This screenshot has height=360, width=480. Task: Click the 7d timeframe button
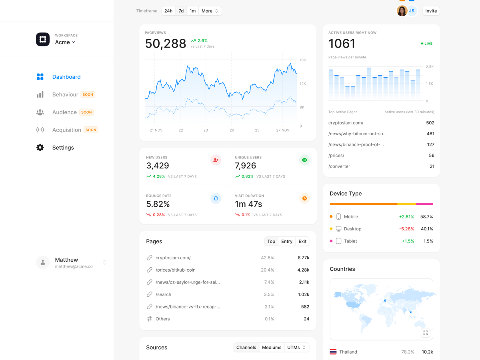tap(181, 11)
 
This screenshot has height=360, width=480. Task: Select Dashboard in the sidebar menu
tap(66, 77)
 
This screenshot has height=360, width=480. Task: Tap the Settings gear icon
tap(40, 148)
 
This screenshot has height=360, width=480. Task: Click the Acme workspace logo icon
tap(43, 39)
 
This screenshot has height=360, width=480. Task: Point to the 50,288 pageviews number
tap(166, 44)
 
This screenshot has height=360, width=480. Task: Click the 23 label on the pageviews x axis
tap(206, 130)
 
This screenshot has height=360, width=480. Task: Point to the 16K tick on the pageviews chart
tap(303, 60)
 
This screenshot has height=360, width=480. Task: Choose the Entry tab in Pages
tap(287, 241)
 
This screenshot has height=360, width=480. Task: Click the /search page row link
tap(163, 294)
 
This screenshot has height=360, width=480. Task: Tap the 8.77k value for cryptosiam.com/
tap(303, 258)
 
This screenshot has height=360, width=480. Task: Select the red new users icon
tap(216, 160)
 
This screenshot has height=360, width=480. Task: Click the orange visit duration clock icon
tap(304, 198)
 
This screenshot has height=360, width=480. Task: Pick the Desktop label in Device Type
tap(352, 229)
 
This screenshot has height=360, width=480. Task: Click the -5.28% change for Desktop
tap(406, 229)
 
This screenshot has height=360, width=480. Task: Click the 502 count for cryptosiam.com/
tap(430, 123)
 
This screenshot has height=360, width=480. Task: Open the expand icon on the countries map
tap(426, 333)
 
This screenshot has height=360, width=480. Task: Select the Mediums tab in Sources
tap(272, 348)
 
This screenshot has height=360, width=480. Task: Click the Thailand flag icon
tap(333, 352)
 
